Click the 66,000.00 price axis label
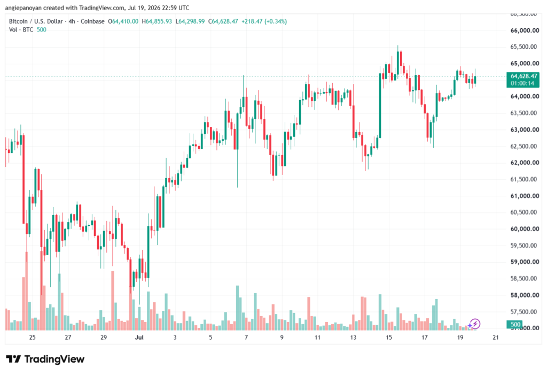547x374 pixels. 525,30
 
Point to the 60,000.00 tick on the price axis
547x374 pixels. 525,229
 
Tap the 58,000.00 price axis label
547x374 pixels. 525,295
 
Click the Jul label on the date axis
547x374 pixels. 139,337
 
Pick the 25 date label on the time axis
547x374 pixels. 33,337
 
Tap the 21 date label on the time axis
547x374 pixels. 496,337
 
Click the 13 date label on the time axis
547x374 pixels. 353,337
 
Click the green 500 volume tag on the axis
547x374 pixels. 515,324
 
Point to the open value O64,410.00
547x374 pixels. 123,21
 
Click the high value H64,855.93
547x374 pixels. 157,21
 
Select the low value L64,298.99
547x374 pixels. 190,21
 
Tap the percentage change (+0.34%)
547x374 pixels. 276,21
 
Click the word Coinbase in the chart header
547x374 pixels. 92,21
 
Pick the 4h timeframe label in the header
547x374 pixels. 72,21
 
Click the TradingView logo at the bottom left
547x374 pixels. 45,359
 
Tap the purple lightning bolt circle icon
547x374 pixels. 474,324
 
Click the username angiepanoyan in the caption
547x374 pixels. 23,7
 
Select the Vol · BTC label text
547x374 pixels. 21,30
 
